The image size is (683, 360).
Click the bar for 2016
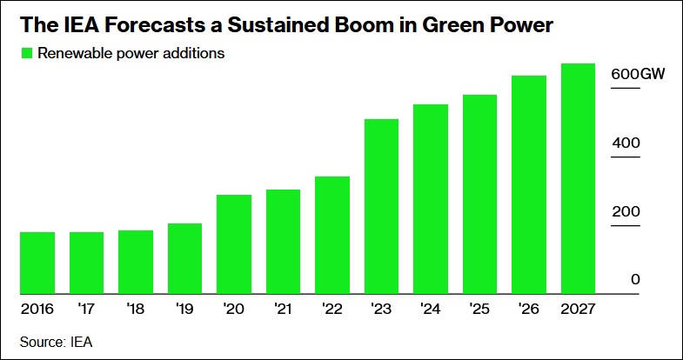37,263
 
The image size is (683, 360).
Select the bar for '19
184,258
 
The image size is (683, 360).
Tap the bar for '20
234,244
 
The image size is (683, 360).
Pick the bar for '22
332,235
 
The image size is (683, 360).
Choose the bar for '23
381,206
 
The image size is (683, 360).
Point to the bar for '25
479,194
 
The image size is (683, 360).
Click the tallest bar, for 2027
578,178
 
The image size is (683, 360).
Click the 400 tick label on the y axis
626,143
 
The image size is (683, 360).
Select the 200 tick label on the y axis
626,212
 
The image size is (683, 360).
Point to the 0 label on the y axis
636,280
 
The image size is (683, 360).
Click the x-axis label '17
86,309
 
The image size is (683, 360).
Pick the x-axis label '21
283,309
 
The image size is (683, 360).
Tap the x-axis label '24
430,309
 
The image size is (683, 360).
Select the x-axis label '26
528,309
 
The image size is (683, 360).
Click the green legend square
25,54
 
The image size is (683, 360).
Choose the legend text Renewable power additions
131,54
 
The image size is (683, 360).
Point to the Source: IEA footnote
56,343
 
